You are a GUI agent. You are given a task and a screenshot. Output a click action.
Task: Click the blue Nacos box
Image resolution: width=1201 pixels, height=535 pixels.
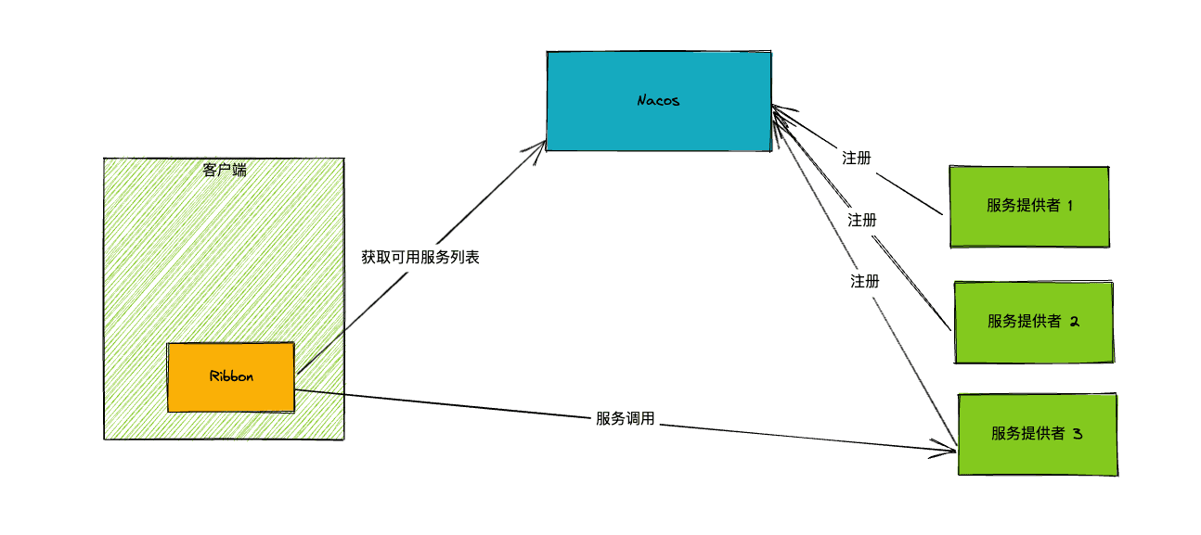[659, 101]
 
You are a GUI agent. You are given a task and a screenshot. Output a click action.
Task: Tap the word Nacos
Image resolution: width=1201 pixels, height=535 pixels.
[658, 101]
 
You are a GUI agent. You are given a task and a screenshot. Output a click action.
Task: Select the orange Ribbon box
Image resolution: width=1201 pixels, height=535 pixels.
[231, 377]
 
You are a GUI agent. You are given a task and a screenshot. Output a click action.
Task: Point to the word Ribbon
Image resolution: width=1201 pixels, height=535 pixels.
[231, 376]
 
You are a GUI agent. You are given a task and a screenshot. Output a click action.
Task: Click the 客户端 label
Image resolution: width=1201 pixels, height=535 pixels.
[225, 171]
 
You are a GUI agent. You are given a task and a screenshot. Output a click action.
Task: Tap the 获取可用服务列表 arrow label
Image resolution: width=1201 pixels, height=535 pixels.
[420, 258]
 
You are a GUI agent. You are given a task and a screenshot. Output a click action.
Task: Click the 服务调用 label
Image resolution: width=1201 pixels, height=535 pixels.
[626, 419]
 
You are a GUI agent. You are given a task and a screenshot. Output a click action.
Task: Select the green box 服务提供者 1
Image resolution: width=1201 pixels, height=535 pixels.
[1029, 207]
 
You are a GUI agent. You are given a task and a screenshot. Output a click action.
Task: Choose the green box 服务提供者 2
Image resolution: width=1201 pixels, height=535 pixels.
[1034, 323]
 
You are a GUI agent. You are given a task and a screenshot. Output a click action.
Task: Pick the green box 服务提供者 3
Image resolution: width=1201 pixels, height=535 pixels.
[1038, 434]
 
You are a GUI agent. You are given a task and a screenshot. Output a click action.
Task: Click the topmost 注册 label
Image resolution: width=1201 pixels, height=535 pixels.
[857, 159]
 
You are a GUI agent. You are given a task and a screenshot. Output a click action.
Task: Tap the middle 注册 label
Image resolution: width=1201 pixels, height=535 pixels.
[862, 220]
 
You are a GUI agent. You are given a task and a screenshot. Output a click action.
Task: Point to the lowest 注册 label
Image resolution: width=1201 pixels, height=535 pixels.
[865, 281]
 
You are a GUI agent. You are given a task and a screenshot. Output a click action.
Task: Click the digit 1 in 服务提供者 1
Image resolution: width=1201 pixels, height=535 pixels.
[1070, 206]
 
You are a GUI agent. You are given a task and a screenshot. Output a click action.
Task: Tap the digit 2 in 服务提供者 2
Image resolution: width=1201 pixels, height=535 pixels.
[1075, 322]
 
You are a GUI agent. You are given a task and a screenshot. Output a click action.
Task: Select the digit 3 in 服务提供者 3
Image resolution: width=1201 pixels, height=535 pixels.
[1078, 433]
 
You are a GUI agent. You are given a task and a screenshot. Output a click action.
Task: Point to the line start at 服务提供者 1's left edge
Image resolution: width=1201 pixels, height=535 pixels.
[942, 214]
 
